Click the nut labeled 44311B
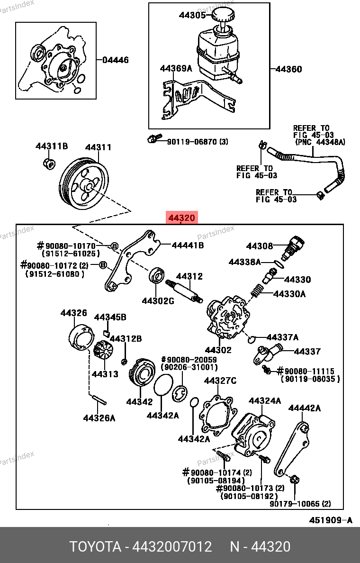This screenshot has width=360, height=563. (48, 163)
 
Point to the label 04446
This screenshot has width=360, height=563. (116, 60)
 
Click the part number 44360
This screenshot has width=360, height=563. (288, 69)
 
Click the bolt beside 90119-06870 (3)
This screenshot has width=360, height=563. (151, 140)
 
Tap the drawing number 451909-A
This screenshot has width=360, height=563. (331, 520)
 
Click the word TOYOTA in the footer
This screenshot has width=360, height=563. (95, 547)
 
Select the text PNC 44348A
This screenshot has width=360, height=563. (322, 142)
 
